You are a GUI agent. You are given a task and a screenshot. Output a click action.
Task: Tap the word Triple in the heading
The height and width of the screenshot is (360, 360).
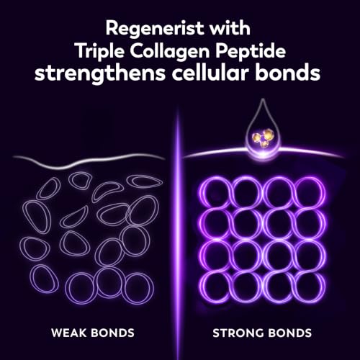point(100,52)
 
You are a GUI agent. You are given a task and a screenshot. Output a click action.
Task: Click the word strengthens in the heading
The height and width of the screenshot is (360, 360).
point(100,73)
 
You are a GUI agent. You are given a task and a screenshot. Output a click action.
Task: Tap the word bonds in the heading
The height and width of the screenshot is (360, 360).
point(288,73)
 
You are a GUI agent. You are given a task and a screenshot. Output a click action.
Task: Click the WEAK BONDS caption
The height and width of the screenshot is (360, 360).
point(93,333)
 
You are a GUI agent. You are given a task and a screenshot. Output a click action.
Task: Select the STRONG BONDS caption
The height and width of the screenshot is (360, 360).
point(262,333)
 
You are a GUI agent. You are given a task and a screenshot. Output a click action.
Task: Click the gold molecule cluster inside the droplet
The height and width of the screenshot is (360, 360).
point(261,137)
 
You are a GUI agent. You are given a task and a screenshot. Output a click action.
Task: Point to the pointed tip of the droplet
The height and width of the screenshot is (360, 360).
point(263,99)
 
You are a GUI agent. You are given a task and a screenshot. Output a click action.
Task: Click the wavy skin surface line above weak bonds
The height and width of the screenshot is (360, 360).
point(89,163)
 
